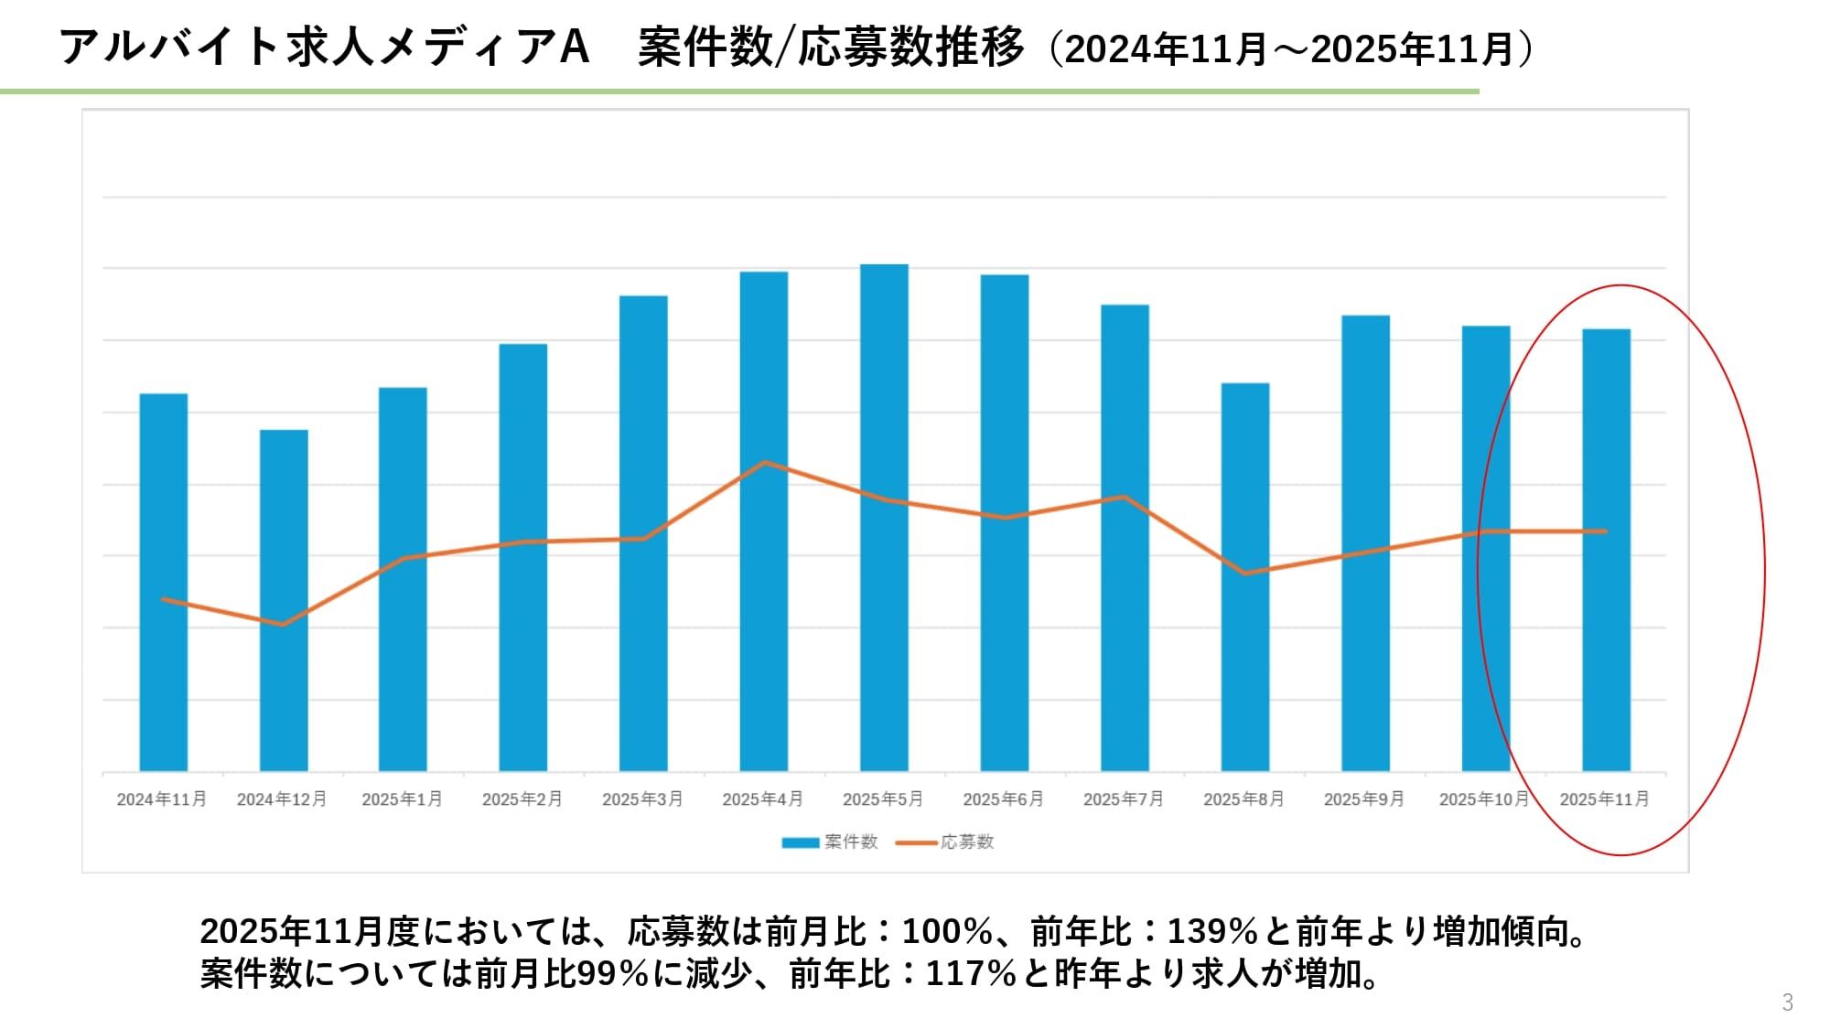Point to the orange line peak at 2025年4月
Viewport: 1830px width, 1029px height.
pos(764,463)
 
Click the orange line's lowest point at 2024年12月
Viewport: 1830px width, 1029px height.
pos(283,625)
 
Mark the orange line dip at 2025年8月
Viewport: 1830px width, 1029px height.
pos(1245,573)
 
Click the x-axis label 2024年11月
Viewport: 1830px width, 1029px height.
pos(162,799)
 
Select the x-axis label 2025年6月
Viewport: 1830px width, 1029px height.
pos(1004,799)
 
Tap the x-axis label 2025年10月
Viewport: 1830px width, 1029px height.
pos(1484,799)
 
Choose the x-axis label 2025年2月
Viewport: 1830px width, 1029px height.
pos(522,799)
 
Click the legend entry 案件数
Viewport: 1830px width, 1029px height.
pos(830,841)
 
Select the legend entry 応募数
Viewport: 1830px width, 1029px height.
pos(946,841)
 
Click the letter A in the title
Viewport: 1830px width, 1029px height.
pos(573,48)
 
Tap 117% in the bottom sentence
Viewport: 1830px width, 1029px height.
pos(972,974)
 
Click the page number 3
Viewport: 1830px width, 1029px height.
pos(1787,1002)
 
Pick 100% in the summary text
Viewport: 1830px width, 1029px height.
pos(947,932)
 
